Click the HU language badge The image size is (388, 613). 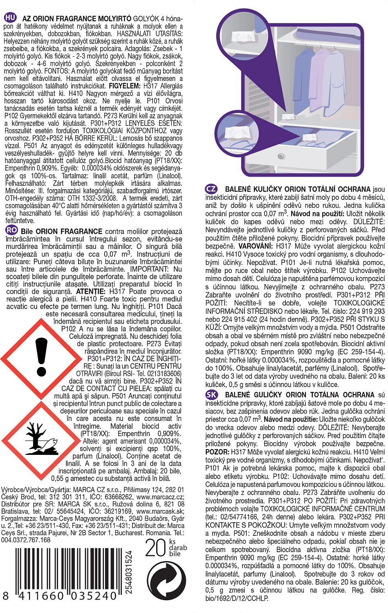10,18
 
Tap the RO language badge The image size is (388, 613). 11,230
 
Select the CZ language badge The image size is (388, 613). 211,189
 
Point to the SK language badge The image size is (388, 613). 211,394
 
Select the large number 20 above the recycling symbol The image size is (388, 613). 155,548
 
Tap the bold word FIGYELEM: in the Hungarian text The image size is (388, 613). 125,86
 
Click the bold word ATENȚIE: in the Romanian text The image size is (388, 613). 91,291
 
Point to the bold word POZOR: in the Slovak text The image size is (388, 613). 217,452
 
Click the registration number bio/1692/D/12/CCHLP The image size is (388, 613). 237,598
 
